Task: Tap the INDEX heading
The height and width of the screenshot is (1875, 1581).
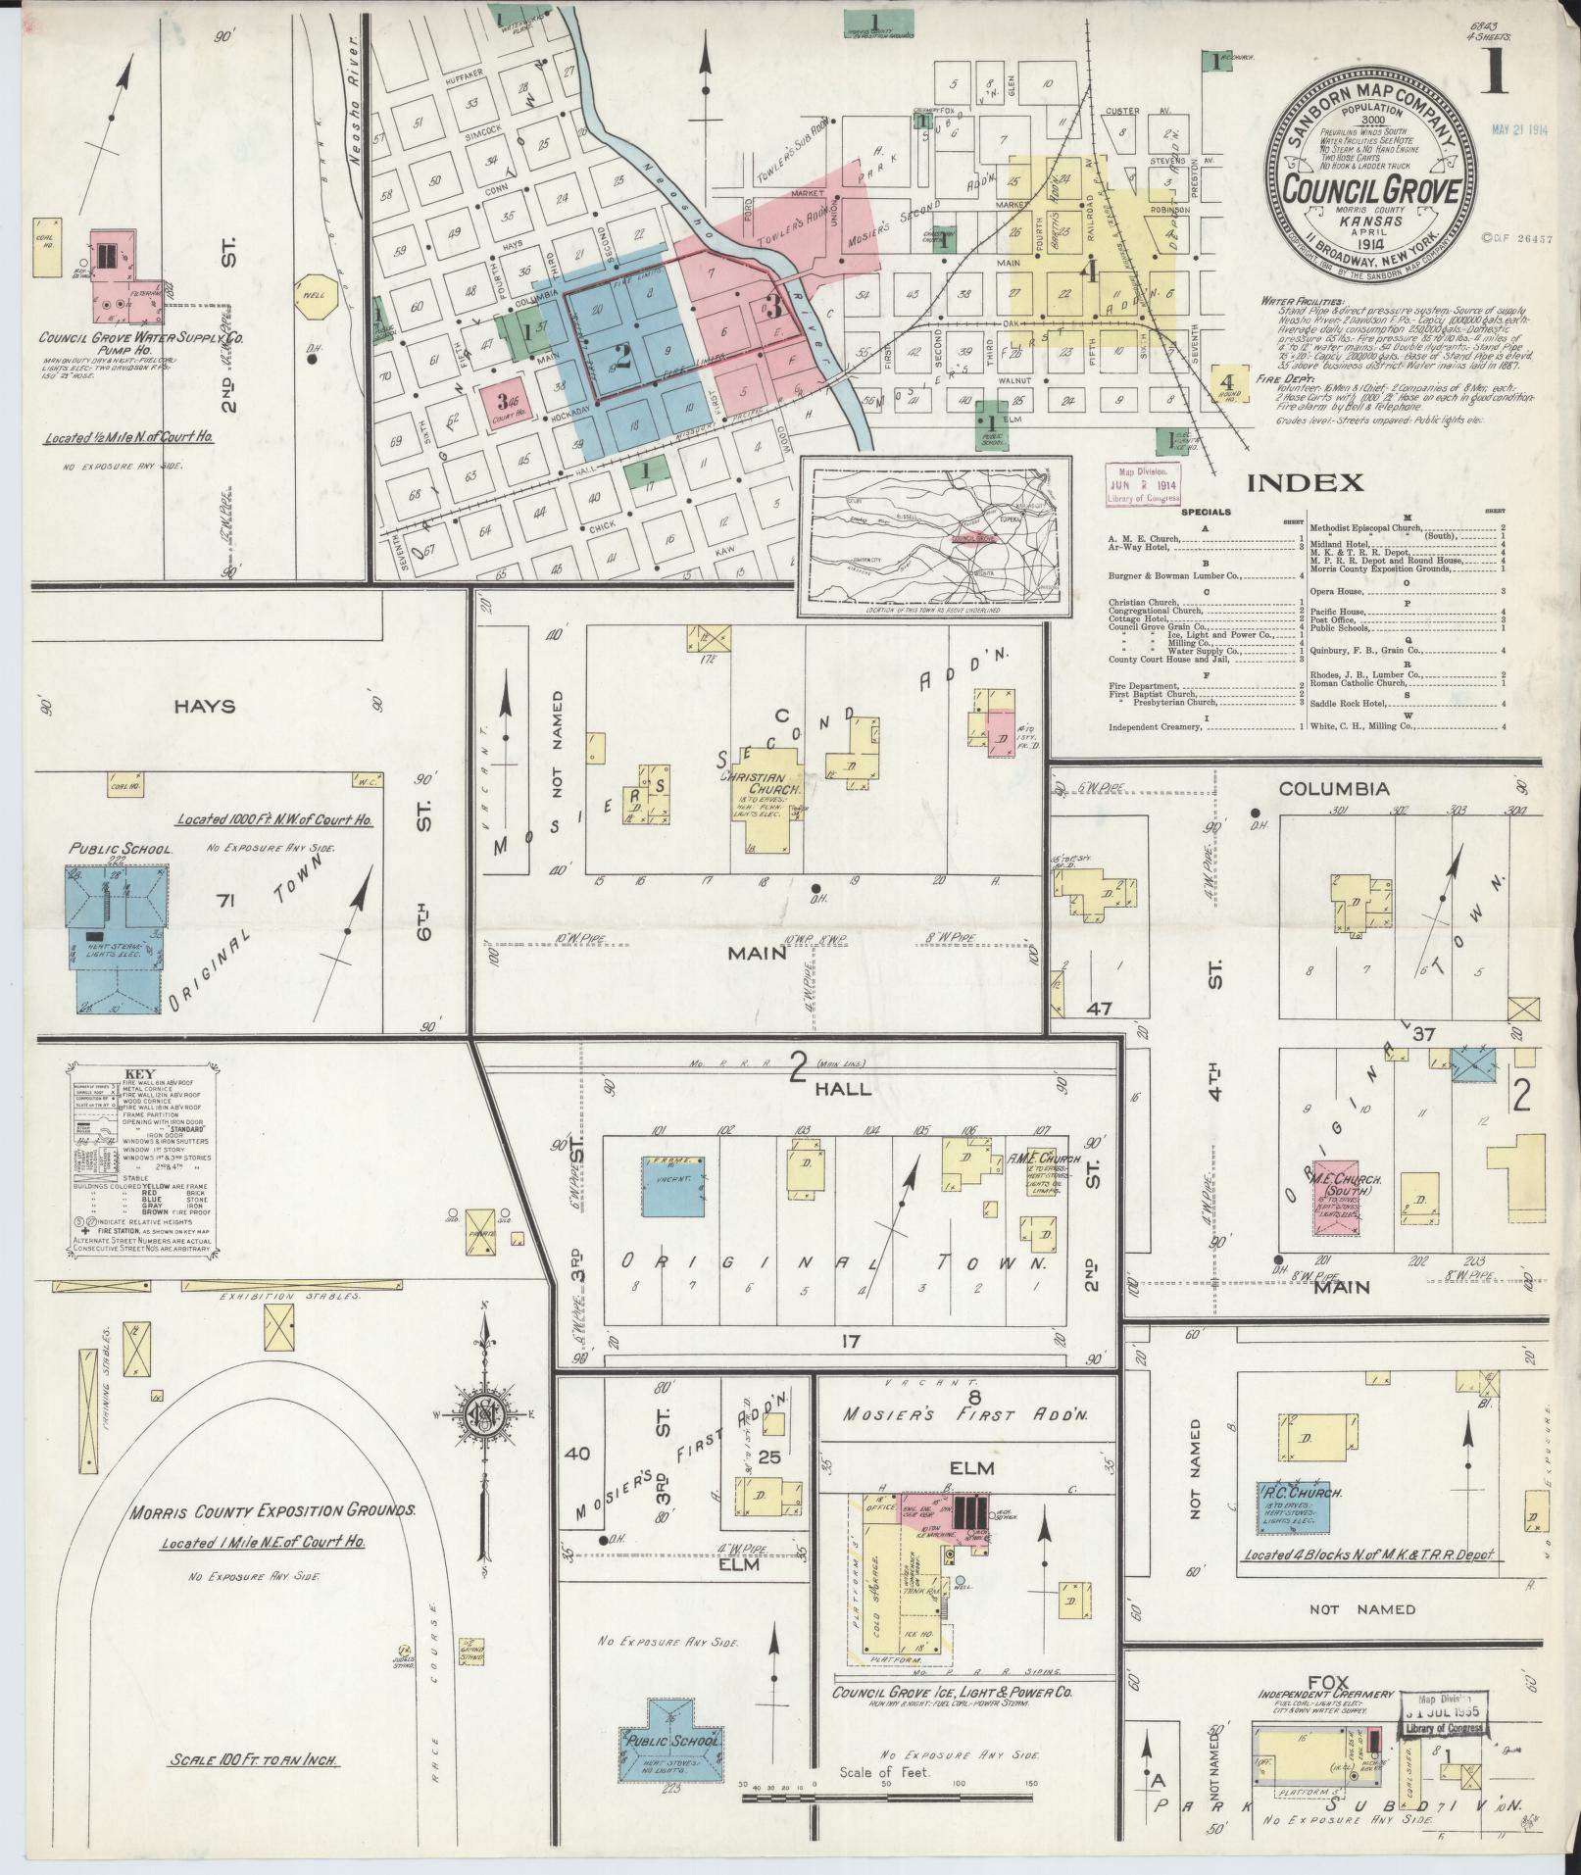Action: coord(1305,481)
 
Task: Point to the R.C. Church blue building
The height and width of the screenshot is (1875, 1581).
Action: coord(1293,1506)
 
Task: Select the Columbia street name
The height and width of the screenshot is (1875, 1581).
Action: coord(1333,789)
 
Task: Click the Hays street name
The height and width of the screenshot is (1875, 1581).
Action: coord(207,706)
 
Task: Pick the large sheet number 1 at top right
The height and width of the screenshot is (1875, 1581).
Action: coord(1495,71)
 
